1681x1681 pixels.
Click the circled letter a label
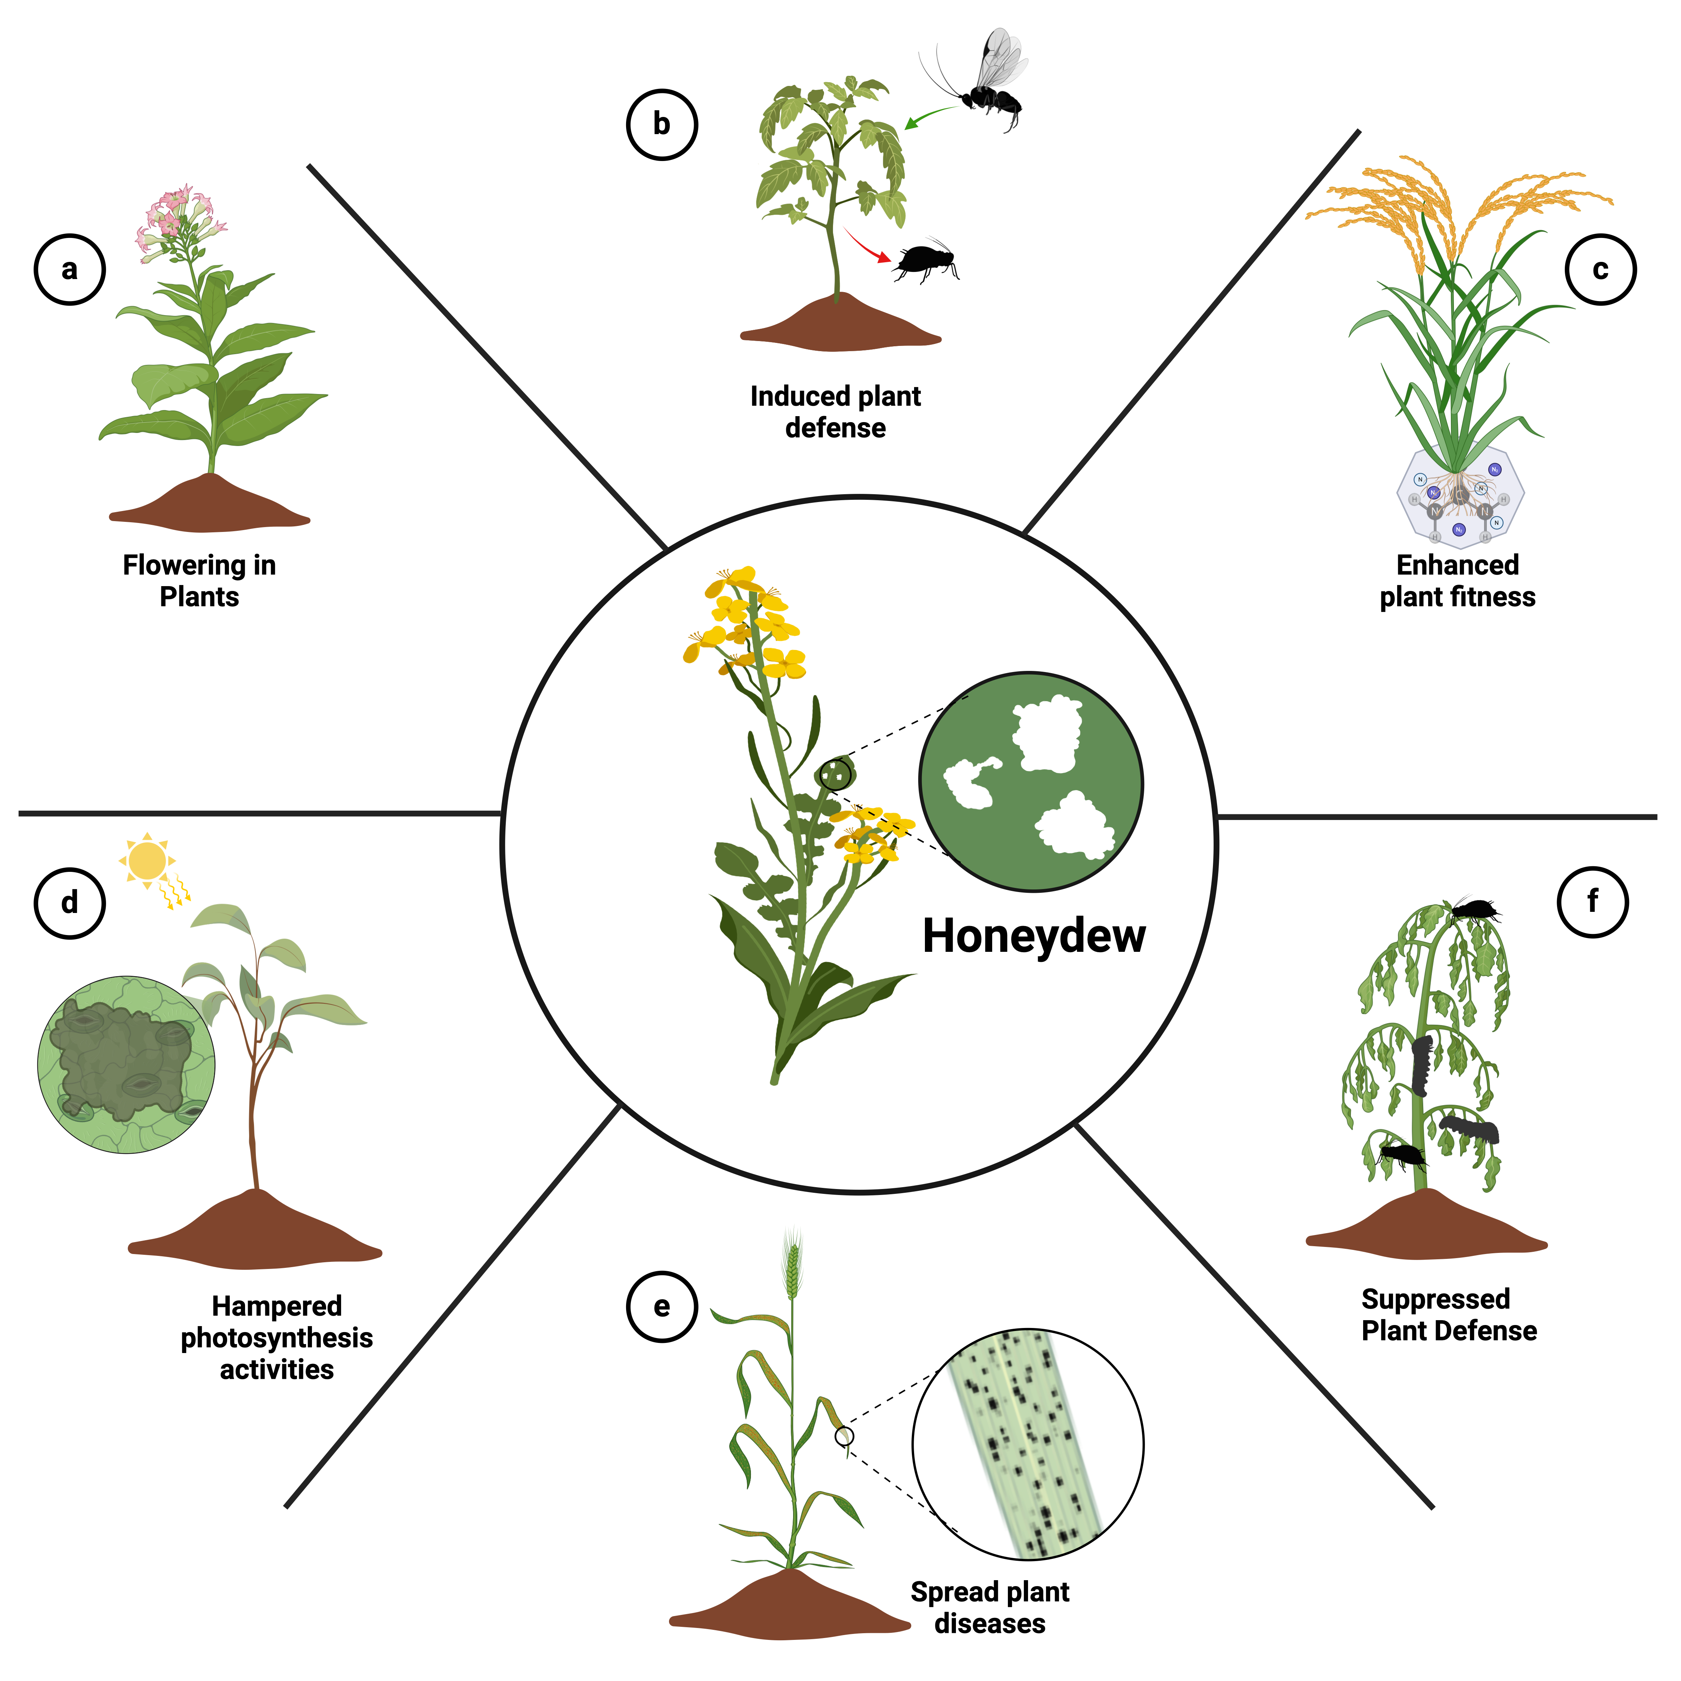coord(69,270)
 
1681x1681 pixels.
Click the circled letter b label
coord(662,124)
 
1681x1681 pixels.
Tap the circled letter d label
coord(69,903)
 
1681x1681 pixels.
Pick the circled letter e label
coord(662,1307)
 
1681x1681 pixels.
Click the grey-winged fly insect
coord(999,78)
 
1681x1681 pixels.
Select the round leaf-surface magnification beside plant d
coord(126,1064)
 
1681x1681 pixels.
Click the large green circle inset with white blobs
coord(1031,781)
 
